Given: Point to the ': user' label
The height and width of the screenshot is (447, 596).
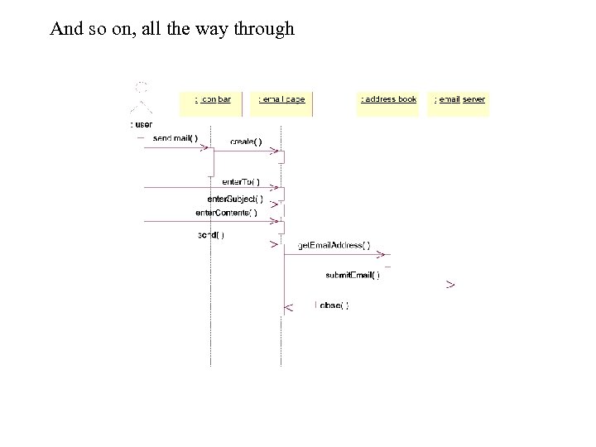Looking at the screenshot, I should point(142,124).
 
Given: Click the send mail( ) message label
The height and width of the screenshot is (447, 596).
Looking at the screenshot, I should point(175,138).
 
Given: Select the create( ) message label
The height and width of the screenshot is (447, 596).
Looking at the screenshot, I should point(246,142).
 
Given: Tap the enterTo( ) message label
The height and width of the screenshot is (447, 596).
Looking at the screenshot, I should point(241,182).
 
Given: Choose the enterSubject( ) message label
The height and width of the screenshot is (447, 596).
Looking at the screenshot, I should point(235,199).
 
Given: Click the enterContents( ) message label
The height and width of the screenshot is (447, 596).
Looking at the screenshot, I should point(226,213).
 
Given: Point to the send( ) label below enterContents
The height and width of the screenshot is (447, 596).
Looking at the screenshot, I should point(210,235).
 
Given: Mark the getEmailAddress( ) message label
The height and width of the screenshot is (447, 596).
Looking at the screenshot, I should point(334,247).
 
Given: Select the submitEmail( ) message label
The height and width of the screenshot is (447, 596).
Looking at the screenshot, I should point(353,276).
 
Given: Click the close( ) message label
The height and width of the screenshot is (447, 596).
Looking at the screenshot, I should point(332,305).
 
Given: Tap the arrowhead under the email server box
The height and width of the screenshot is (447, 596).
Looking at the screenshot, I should point(449,285).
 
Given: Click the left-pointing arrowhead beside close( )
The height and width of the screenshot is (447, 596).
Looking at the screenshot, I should point(288,309).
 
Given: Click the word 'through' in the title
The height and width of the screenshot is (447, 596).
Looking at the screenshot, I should point(263,29).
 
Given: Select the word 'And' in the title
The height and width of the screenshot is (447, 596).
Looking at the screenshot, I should point(65,29).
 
